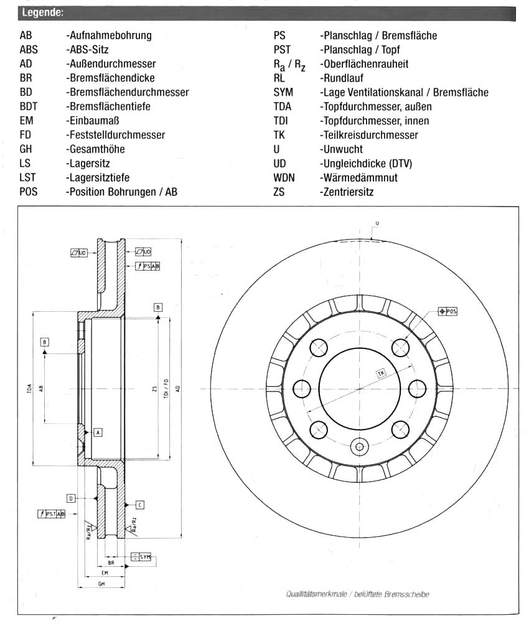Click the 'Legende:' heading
(42, 12)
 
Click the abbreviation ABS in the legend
(29, 50)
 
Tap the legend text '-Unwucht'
(340, 149)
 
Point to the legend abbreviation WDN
(284, 178)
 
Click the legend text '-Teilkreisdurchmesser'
(368, 135)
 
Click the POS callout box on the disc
(447, 311)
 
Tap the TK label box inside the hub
(381, 373)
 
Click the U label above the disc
(377, 223)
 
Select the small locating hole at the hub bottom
(359, 446)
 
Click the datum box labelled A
(98, 431)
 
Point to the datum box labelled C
(140, 504)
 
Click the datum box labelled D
(72, 498)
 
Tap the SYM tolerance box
(142, 556)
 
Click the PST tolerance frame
(52, 513)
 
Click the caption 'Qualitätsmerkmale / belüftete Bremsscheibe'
(357, 594)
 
